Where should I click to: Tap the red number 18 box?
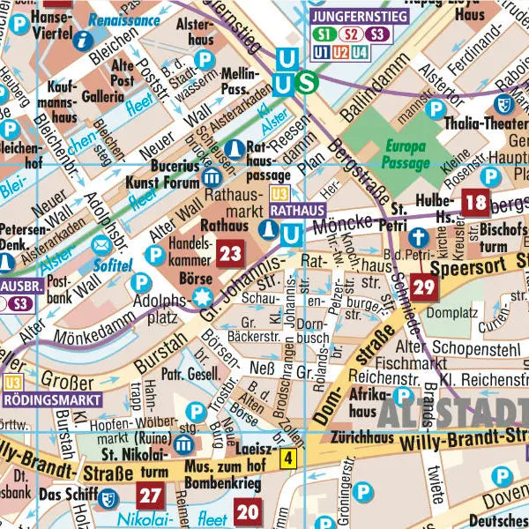476,203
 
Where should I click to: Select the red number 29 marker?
424,287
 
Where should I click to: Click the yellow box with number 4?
287,458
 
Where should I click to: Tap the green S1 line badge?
324,35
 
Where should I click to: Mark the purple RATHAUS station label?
296,212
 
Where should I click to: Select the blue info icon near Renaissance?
84,39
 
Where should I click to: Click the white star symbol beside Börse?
204,294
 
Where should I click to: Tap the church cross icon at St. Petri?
419,237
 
